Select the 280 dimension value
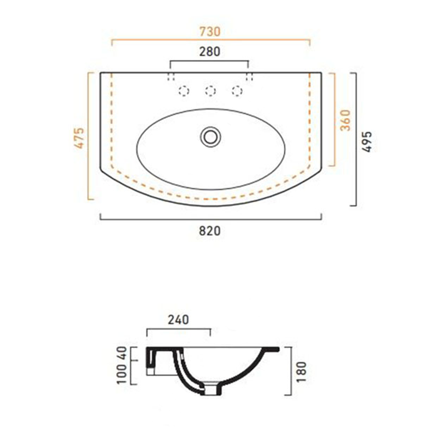click(x=210, y=53)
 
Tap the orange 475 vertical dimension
click(x=78, y=138)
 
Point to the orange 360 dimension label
click(x=344, y=120)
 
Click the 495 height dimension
click(x=368, y=141)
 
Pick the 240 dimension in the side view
click(x=178, y=320)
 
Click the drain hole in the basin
click(x=210, y=135)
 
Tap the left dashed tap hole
click(x=184, y=91)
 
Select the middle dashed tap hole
click(x=210, y=91)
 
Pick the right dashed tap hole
click(x=237, y=91)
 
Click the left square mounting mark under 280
click(x=170, y=76)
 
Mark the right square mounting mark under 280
click(x=250, y=76)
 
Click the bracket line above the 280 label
click(x=210, y=63)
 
